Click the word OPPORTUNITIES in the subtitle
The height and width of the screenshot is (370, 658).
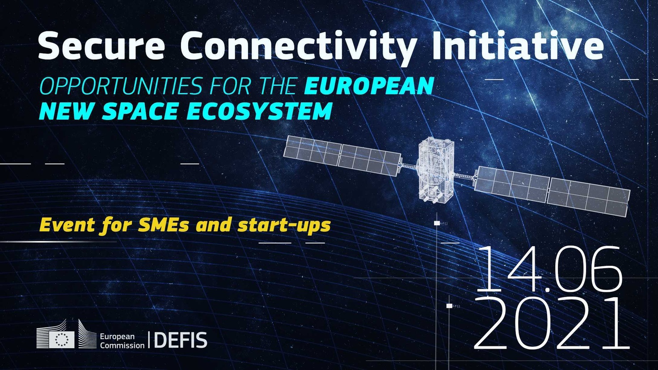click(x=120, y=86)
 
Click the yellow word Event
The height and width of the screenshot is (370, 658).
click(x=67, y=225)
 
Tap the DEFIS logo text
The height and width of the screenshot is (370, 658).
click(x=181, y=340)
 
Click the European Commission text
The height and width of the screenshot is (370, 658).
click(x=122, y=341)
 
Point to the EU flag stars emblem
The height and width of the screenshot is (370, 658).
click(x=62, y=340)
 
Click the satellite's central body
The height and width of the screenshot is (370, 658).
click(x=435, y=170)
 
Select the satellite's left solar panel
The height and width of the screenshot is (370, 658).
click(x=342, y=156)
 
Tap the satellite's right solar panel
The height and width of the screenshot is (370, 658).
click(x=552, y=191)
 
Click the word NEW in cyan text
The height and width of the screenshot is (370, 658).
click(x=67, y=111)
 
